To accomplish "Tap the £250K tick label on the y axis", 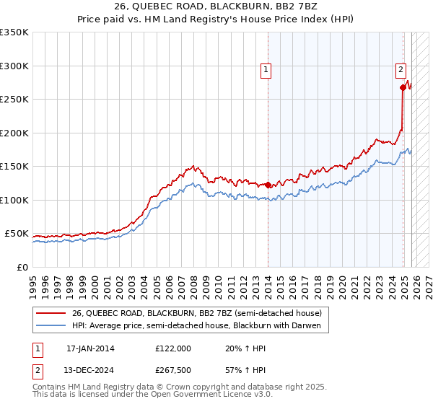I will pyautogui.click(x=14, y=99).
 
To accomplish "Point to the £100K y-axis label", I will pyautogui.click(x=14, y=200).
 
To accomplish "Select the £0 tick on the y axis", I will pyautogui.click(x=22, y=267).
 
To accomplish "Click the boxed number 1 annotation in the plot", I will pyautogui.click(x=266, y=70).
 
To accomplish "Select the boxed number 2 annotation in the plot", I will pyautogui.click(x=400, y=70).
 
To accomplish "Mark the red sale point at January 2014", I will pyautogui.click(x=268, y=185).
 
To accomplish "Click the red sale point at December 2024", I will pyautogui.click(x=402, y=87).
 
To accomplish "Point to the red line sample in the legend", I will pyautogui.click(x=52, y=313).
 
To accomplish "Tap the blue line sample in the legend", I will pyautogui.click(x=52, y=325).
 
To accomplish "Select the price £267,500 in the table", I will pyautogui.click(x=173, y=369).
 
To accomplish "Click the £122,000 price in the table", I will pyautogui.click(x=173, y=348).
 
